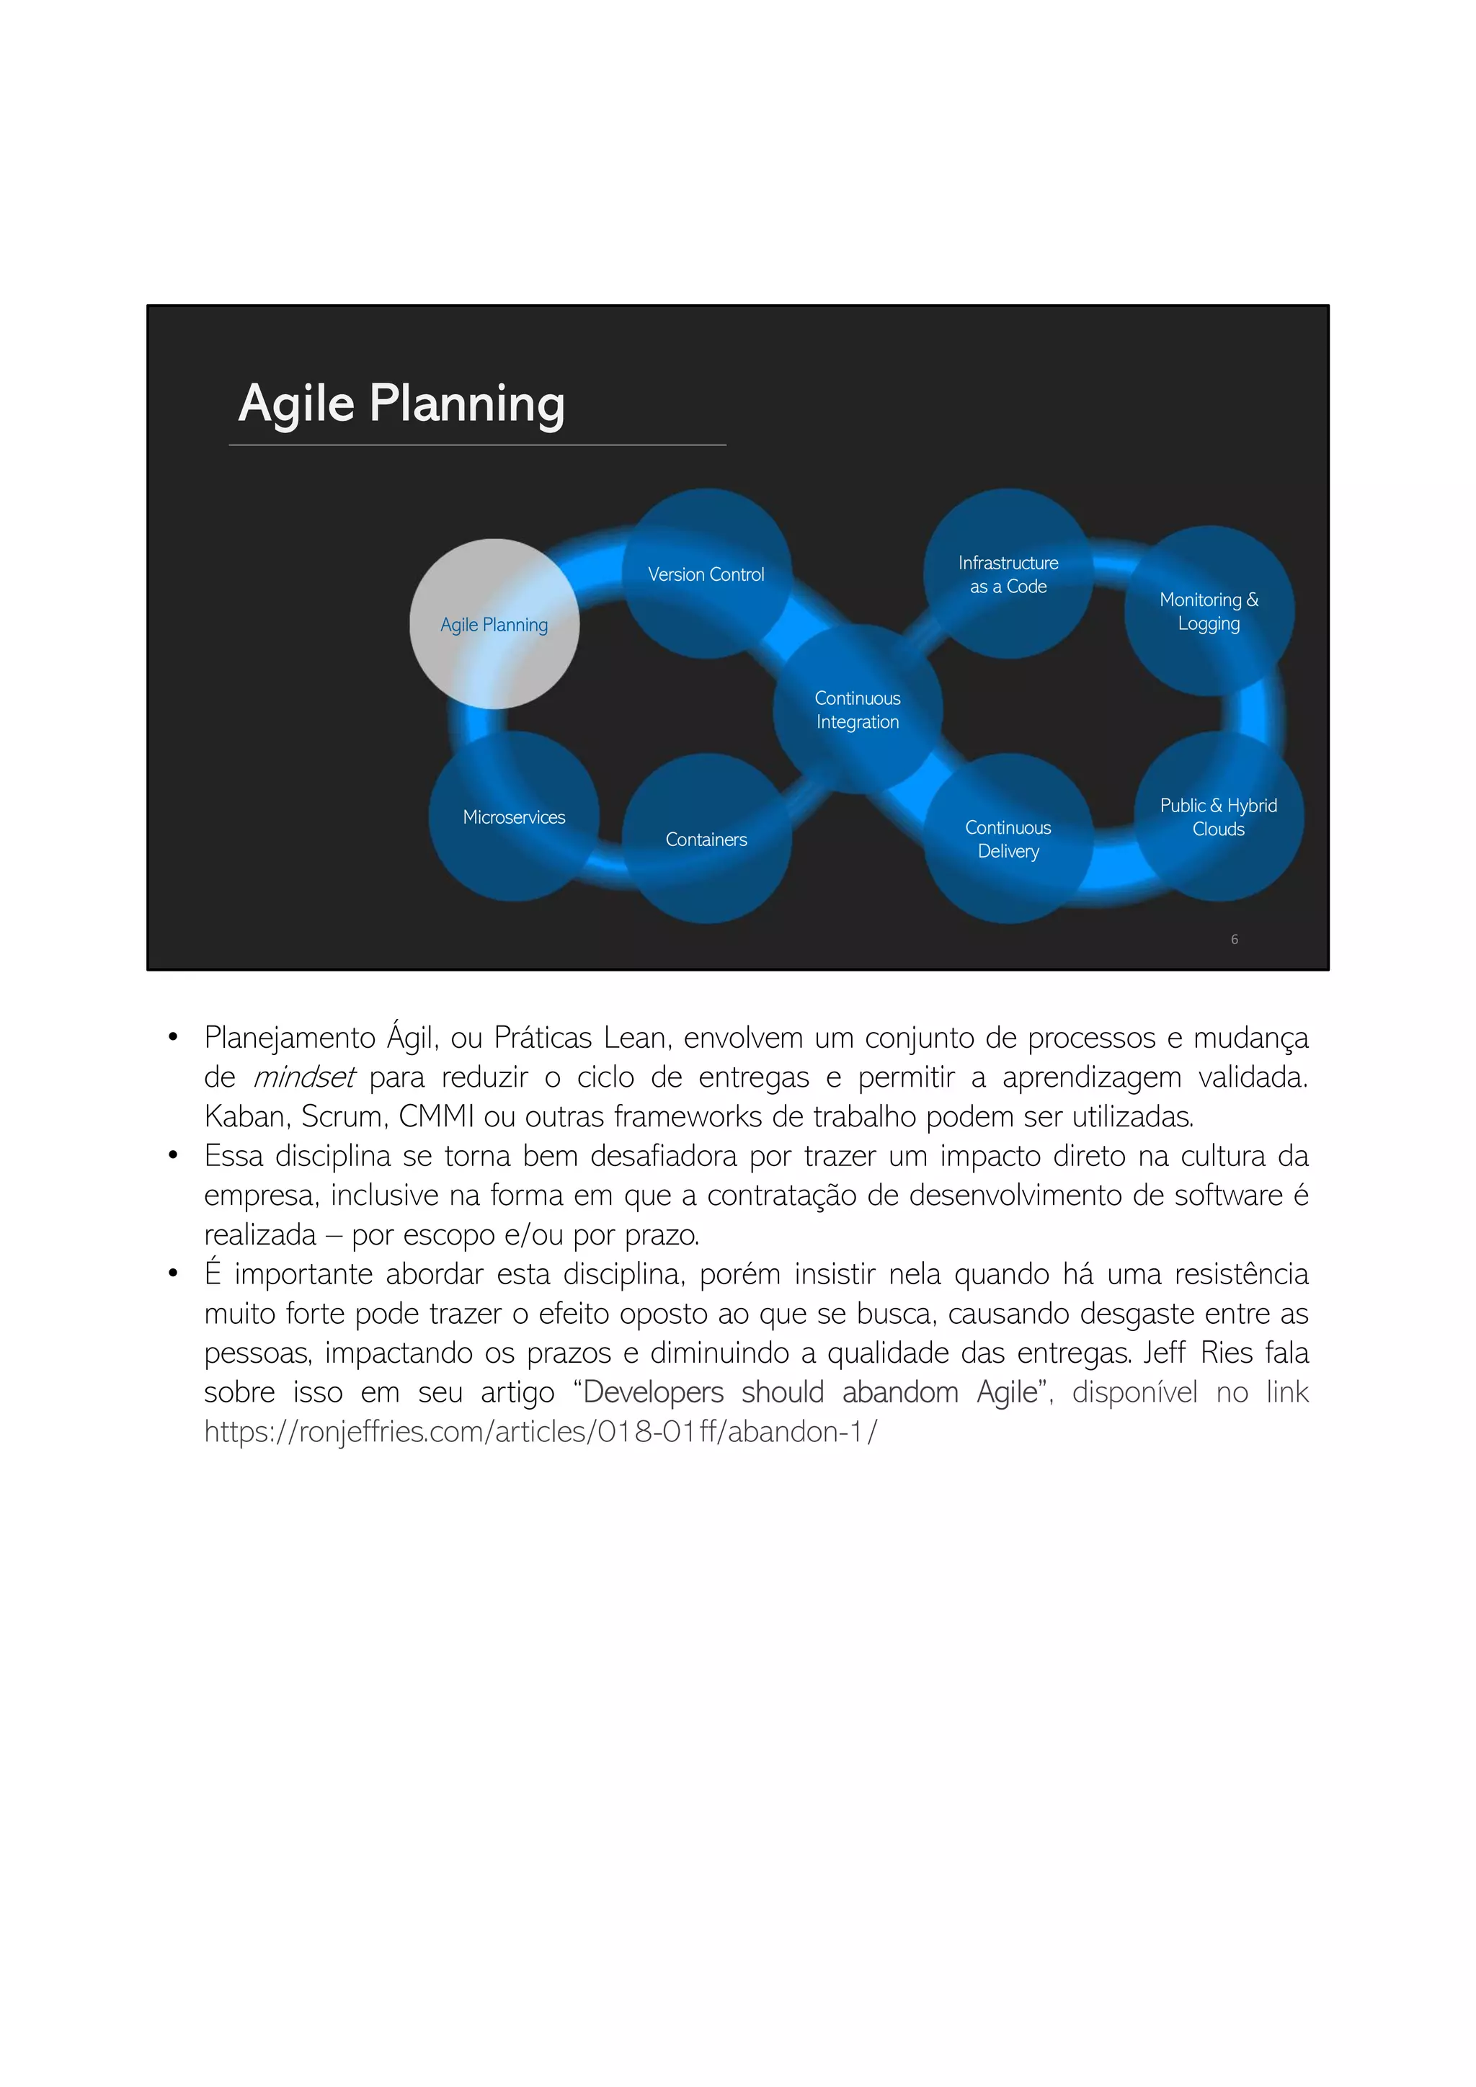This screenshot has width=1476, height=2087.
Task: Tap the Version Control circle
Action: click(706, 574)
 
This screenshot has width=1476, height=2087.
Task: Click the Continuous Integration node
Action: click(857, 709)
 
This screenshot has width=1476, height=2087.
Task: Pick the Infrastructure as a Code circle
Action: click(1008, 574)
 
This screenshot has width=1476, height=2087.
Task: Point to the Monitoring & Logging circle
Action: click(1209, 611)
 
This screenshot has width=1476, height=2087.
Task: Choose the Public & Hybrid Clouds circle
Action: click(1218, 816)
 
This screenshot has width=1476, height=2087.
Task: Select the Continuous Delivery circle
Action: click(1008, 838)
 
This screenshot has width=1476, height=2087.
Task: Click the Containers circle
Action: click(706, 839)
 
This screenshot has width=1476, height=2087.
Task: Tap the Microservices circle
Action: click(514, 816)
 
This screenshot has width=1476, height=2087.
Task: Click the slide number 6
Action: click(1235, 939)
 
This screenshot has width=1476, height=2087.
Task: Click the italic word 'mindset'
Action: click(303, 1077)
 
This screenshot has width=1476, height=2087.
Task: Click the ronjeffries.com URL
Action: click(540, 1432)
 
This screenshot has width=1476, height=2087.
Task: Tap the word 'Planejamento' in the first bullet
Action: click(290, 1038)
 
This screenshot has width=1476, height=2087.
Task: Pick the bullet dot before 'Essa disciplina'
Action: click(173, 1155)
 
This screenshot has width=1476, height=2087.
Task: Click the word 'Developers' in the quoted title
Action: click(654, 1392)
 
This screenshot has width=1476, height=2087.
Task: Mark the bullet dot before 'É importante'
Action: click(173, 1273)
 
